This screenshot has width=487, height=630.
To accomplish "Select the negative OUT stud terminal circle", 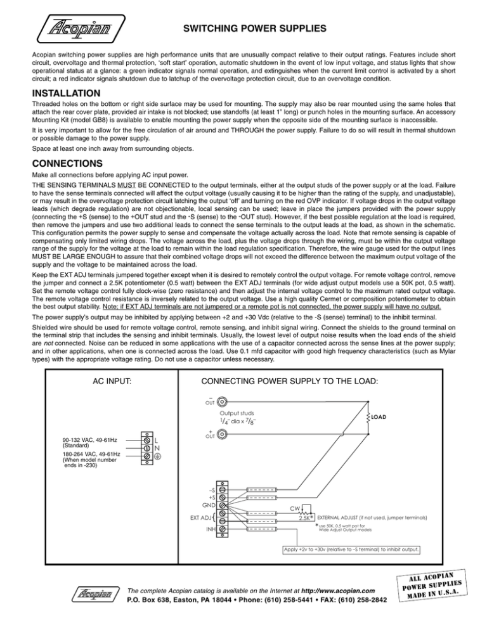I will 223,401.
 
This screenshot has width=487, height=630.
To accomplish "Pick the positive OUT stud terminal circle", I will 223,435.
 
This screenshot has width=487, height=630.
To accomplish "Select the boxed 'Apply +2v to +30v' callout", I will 351,550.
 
